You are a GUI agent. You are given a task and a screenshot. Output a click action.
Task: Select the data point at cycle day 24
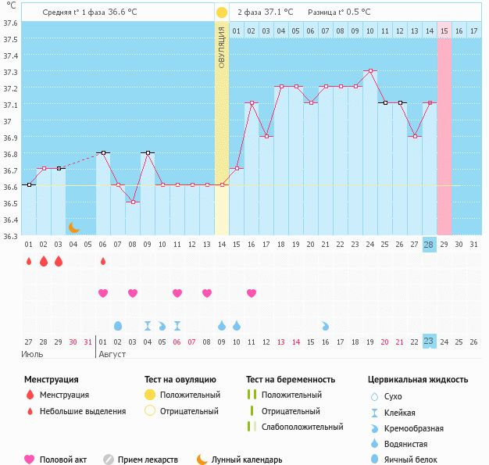369,70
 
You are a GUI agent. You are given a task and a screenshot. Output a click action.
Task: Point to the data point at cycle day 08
133,202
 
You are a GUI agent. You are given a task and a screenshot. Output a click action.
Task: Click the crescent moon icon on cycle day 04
73,227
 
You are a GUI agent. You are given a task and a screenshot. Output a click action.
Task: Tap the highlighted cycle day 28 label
428,245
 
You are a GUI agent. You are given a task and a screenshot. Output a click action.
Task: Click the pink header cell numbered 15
444,30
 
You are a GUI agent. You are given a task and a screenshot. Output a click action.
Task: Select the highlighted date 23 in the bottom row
428,341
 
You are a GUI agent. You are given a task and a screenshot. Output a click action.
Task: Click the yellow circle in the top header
222,13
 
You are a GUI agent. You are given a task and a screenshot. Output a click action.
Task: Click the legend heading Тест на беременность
294,379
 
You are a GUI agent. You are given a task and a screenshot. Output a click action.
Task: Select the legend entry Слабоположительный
302,427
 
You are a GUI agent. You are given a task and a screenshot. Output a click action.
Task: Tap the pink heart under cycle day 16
252,293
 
